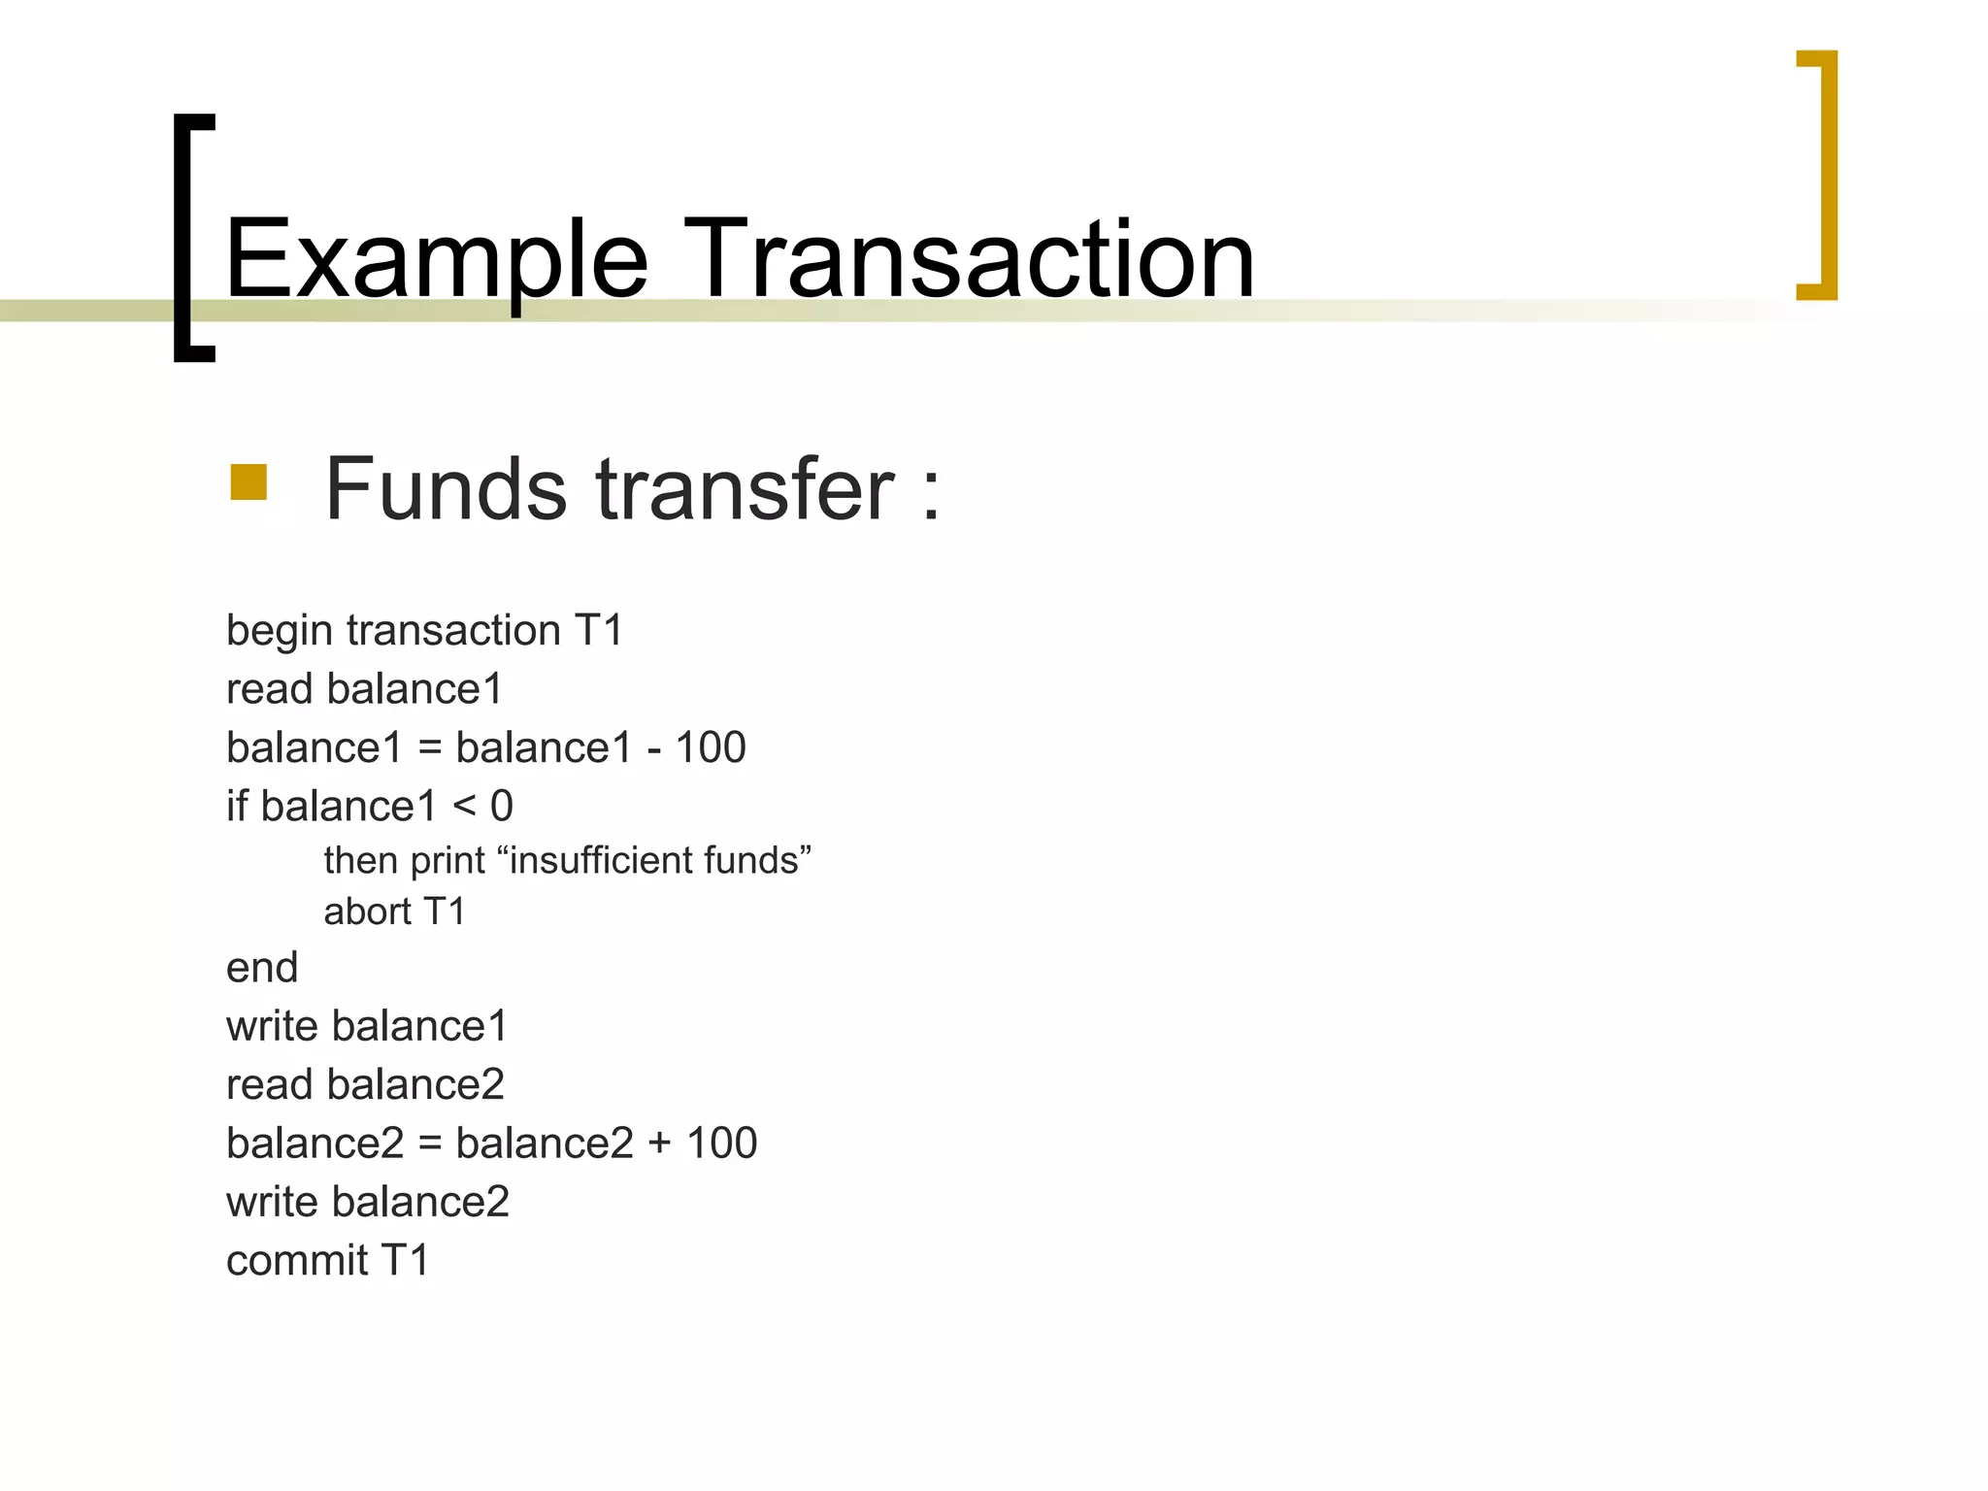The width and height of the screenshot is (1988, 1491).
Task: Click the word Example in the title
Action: point(436,260)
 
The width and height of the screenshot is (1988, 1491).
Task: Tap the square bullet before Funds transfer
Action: point(248,482)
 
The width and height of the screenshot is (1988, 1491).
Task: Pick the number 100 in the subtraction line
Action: point(711,747)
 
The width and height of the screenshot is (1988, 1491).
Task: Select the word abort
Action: point(367,911)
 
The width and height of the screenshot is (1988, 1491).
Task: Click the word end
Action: point(262,968)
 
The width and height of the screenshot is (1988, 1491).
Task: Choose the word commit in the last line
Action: point(297,1261)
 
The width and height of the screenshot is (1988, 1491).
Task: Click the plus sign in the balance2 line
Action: point(659,1143)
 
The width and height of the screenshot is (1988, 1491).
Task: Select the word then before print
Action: point(361,861)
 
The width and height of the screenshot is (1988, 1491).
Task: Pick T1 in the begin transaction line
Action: point(598,631)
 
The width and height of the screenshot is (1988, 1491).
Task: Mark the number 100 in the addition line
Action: point(721,1143)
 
